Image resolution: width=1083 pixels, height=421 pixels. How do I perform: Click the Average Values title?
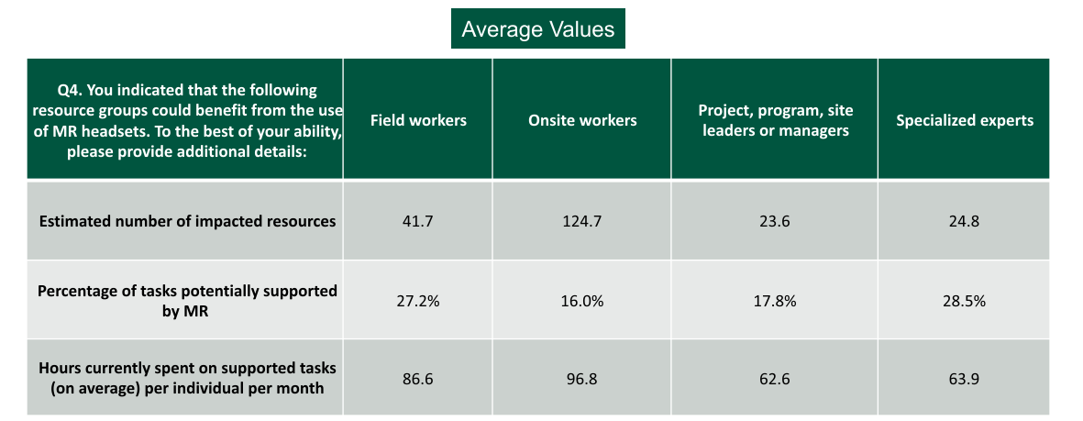pyautogui.click(x=537, y=29)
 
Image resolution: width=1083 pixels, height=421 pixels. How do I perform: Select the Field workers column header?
pyautogui.click(x=418, y=120)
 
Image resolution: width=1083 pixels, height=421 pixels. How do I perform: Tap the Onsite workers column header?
pyautogui.click(x=582, y=120)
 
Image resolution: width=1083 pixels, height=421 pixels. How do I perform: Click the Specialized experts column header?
pyautogui.click(x=965, y=120)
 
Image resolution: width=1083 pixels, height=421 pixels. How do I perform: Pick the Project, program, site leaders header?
pyautogui.click(x=775, y=120)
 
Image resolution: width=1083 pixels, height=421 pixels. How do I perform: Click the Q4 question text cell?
pyautogui.click(x=186, y=120)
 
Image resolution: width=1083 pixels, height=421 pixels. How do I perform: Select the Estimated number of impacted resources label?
pyautogui.click(x=187, y=221)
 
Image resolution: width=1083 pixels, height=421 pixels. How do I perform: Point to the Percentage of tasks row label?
pyautogui.click(x=187, y=300)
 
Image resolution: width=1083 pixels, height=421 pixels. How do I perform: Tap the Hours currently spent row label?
pyautogui.click(x=187, y=377)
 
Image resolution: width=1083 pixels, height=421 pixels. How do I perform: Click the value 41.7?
pyautogui.click(x=418, y=221)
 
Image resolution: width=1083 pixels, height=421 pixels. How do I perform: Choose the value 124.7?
pyautogui.click(x=582, y=221)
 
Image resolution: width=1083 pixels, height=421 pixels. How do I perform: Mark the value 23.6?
pyautogui.click(x=775, y=221)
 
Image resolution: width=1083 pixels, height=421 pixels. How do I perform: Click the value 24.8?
pyautogui.click(x=965, y=221)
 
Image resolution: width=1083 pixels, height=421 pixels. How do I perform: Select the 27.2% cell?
pyautogui.click(x=418, y=300)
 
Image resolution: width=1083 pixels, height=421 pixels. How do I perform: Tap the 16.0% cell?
pyautogui.click(x=582, y=300)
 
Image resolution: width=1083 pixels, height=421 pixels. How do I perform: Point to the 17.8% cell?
pyautogui.click(x=775, y=300)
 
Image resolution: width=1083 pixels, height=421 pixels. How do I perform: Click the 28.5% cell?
pyautogui.click(x=965, y=300)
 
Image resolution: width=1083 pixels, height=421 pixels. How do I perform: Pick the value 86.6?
pyautogui.click(x=418, y=377)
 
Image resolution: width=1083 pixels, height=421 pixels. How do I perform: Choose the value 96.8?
pyautogui.click(x=582, y=377)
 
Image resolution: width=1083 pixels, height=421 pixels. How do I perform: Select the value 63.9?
pyautogui.click(x=965, y=377)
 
